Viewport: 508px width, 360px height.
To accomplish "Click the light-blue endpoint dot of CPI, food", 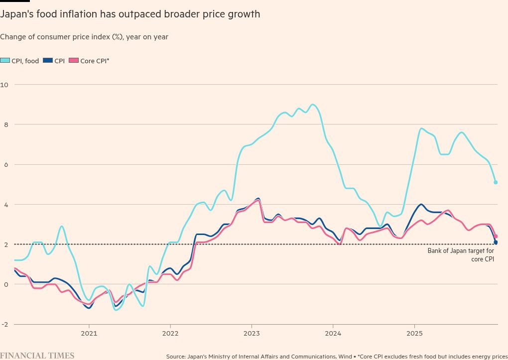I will point(496,182).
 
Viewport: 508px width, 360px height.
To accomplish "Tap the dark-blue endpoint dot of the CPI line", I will point(496,242).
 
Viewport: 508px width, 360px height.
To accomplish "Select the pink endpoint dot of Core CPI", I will point(496,236).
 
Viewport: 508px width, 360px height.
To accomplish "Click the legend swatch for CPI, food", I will point(5,61).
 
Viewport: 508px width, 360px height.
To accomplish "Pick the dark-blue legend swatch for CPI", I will point(48,61).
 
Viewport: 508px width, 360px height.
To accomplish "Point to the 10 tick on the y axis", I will point(4,85).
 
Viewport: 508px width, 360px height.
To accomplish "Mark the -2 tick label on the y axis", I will point(4,324).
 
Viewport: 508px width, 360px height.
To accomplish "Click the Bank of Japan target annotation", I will point(461,255).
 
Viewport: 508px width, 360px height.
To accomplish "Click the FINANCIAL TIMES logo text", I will point(37,356).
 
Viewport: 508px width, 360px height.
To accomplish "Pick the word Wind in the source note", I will point(345,357).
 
